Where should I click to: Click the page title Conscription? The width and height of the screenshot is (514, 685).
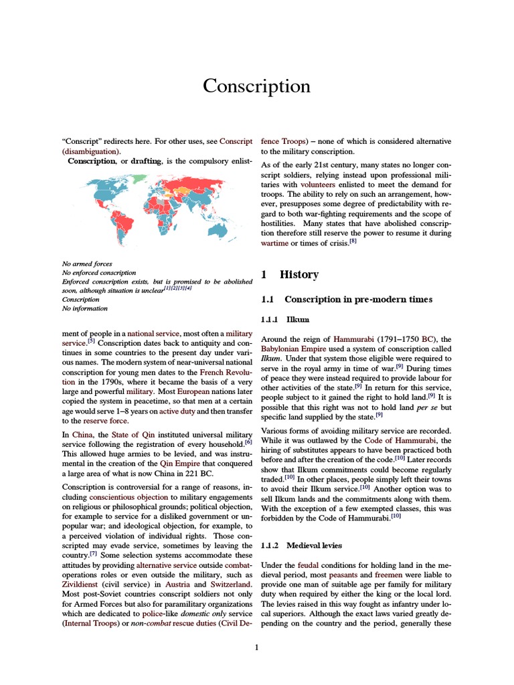tap(257, 86)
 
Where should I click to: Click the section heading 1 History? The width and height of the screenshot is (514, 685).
tap(289, 274)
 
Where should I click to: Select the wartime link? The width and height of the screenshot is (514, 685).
tap(274, 243)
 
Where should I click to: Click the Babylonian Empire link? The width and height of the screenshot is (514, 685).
tap(299, 349)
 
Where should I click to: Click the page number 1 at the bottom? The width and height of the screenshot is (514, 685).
tap(256, 647)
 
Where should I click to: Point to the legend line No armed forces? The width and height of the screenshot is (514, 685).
tap(87, 264)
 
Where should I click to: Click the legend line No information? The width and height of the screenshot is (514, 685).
tap(84, 308)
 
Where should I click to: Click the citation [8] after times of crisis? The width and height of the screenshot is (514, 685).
tap(353, 241)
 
